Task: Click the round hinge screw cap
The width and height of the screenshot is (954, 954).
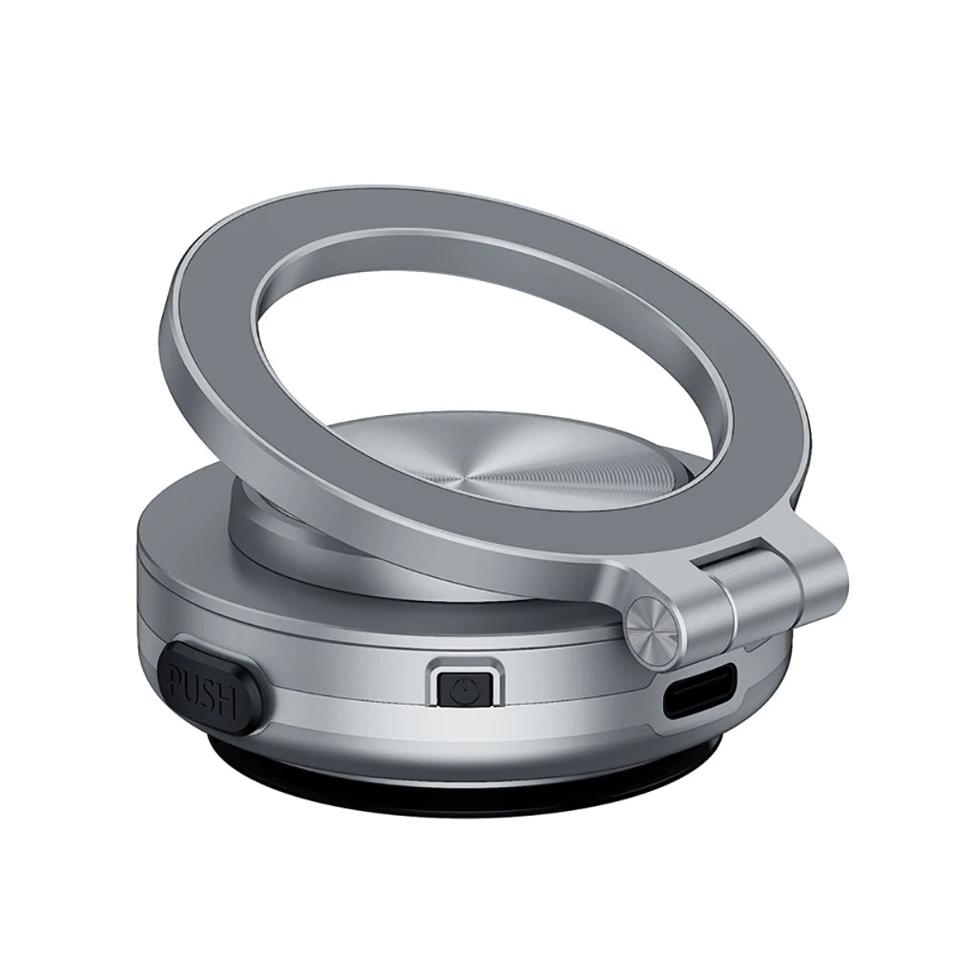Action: tap(654, 628)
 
